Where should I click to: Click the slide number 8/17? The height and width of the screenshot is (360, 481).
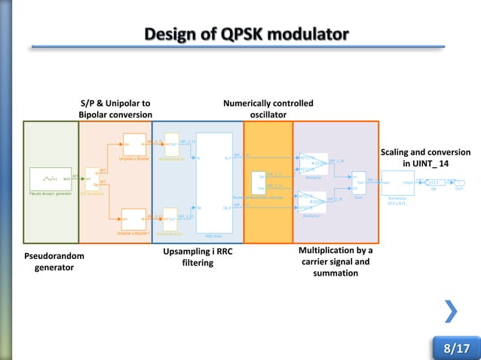(455, 348)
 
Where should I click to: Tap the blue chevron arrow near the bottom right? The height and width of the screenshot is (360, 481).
(450, 310)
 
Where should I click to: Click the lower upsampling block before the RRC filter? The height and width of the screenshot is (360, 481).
(170, 219)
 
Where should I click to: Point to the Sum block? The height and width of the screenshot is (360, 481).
(358, 182)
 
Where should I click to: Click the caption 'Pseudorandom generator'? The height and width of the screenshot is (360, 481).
(54, 262)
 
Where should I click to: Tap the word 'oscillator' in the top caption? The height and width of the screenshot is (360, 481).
(268, 114)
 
